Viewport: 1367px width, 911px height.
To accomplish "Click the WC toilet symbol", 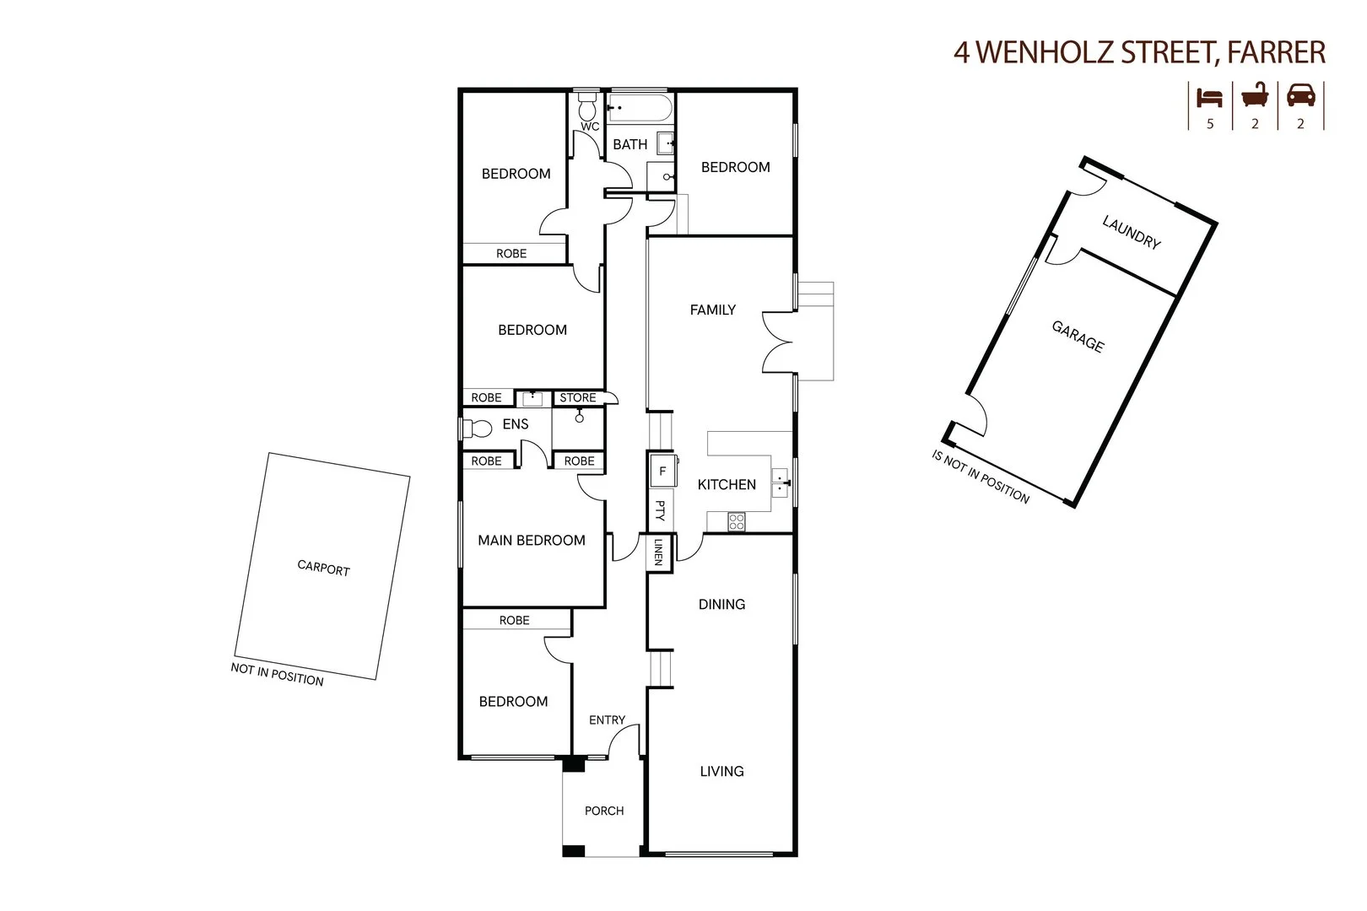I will tap(587, 107).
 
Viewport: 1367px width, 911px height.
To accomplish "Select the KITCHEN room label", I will tap(727, 484).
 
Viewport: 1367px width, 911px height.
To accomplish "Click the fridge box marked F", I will tap(662, 472).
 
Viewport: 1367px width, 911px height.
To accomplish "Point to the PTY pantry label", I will tap(660, 510).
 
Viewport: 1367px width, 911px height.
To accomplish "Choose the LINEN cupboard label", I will tap(658, 553).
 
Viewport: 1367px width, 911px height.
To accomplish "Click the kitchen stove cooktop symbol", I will tap(736, 522).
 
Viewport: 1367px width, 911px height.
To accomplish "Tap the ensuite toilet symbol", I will tap(477, 429).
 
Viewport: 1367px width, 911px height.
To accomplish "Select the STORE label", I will tap(578, 397).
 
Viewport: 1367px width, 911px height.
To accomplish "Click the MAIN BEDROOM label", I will tap(532, 540).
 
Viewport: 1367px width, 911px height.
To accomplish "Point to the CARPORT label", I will tap(323, 569).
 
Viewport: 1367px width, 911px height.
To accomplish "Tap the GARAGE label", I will tap(1078, 336).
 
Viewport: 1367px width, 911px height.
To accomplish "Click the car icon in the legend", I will tap(1300, 95).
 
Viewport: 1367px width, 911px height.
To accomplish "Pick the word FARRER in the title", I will tap(1277, 52).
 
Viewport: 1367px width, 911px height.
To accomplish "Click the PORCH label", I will tap(604, 811).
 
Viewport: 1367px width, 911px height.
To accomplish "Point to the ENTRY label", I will tap(607, 720).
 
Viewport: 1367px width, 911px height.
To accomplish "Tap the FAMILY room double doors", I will tap(778, 341).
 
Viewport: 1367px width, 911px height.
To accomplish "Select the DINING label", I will tap(721, 604).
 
